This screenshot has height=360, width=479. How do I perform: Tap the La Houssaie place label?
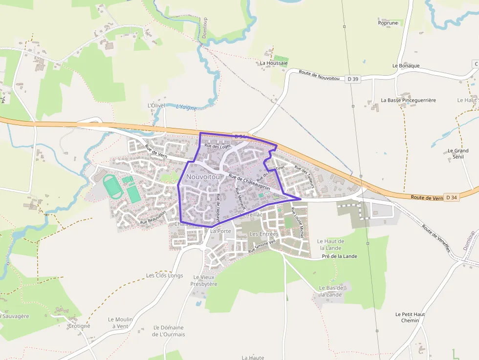click(x=274, y=63)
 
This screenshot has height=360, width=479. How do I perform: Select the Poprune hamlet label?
click(x=388, y=22)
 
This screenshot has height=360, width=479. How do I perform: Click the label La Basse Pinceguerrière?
click(x=408, y=100)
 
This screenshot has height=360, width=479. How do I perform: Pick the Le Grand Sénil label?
click(x=458, y=154)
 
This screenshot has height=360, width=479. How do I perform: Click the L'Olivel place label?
click(x=156, y=105)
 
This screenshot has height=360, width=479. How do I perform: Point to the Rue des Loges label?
click(x=218, y=146)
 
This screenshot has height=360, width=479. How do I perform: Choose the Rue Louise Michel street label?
click(x=298, y=223)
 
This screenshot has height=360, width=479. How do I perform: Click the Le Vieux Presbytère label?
click(x=204, y=280)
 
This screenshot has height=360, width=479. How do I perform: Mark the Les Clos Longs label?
click(x=165, y=275)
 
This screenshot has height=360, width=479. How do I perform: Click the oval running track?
click(x=113, y=187)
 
